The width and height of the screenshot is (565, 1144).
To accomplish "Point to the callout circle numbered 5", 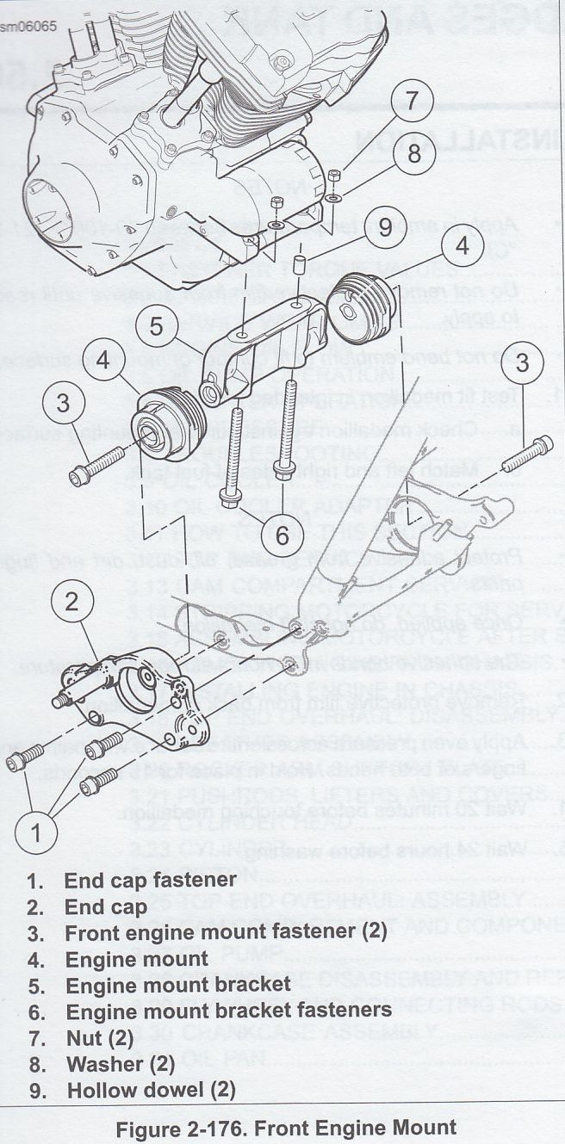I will pos(156,326).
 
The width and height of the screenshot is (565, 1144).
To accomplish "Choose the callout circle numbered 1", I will pos(35,832).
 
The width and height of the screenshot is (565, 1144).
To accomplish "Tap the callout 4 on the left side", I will pos(103,360).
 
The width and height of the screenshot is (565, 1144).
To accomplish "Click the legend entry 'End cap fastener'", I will pos(150,880).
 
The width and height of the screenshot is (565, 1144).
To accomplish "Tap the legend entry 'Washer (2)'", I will pos(120,1063).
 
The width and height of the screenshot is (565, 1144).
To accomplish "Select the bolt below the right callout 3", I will pos(525,454).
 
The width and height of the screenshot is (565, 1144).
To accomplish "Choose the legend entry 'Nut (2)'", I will pos(100,1037).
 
